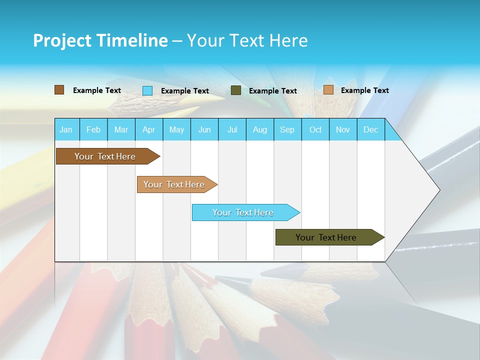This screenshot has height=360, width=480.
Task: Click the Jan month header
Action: (66, 129)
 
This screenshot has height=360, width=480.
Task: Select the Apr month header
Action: (149, 129)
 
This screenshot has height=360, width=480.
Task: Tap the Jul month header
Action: (232, 129)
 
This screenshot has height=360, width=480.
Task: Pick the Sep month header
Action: (287, 129)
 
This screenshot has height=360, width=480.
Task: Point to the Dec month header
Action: (370, 129)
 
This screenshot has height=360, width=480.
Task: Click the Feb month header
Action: (93, 129)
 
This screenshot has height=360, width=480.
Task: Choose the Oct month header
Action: (315, 129)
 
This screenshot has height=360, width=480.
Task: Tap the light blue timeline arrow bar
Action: (243, 212)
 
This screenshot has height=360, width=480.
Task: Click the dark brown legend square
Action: (59, 90)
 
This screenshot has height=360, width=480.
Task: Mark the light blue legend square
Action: (147, 90)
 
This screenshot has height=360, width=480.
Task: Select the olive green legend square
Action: (236, 90)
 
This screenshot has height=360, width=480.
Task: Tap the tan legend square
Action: (328, 90)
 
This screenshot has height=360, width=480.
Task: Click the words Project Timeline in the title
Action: (100, 40)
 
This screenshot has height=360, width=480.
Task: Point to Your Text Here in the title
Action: (247, 40)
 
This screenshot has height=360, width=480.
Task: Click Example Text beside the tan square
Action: (364, 90)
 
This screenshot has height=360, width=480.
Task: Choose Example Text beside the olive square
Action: (272, 91)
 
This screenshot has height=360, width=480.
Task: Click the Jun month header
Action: (204, 129)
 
